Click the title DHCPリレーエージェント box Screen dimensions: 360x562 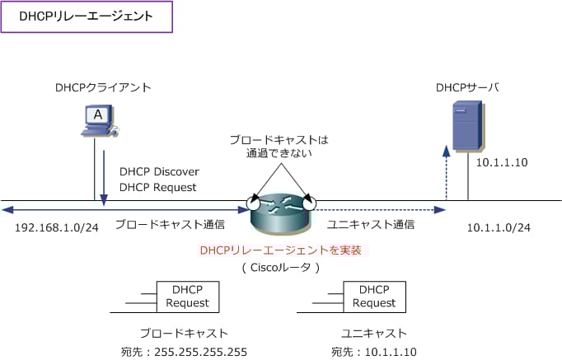pyautogui.click(x=87, y=16)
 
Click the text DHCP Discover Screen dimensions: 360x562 pyautogui.click(x=159, y=172)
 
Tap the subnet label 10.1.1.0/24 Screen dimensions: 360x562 pyautogui.click(x=499, y=227)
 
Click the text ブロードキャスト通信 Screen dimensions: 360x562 pyautogui.click(x=170, y=224)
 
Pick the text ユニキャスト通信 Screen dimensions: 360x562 pyautogui.click(x=371, y=224)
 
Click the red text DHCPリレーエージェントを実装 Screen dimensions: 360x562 pyautogui.click(x=281, y=250)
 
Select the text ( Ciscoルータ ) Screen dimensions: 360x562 pyautogui.click(x=281, y=268)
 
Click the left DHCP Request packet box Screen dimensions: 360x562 pyautogui.click(x=188, y=297)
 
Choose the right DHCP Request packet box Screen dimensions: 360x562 pyautogui.click(x=374, y=297)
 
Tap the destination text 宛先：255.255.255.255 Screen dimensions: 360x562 pyautogui.click(x=184, y=352)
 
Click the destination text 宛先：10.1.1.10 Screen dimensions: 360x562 pyautogui.click(x=374, y=352)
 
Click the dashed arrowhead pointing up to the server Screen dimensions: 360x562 pyautogui.click(x=447, y=151)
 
